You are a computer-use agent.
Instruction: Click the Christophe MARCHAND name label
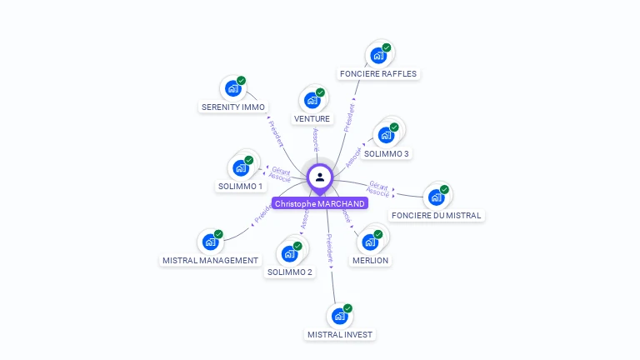pyautogui.click(x=320, y=203)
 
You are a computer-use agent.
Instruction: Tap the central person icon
pyautogui.click(x=320, y=177)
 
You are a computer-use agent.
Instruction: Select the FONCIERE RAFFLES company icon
pyautogui.click(x=378, y=57)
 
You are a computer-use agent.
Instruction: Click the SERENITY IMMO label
pyautogui.click(x=233, y=107)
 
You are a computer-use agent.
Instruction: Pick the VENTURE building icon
pyautogui.click(x=312, y=101)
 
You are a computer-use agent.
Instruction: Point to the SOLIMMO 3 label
pyautogui.click(x=387, y=153)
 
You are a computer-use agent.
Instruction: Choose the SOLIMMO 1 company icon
pyautogui.click(x=241, y=168)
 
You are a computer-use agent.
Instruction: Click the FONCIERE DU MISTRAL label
pyautogui.click(x=436, y=215)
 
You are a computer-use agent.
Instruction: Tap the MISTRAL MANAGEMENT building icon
pyautogui.click(x=211, y=242)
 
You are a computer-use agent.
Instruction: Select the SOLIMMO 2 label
pyautogui.click(x=290, y=272)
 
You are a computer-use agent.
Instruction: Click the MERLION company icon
pyautogui.click(x=370, y=242)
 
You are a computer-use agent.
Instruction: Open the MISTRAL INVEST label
pyautogui.click(x=341, y=334)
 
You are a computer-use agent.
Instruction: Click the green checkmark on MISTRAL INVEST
pyautogui.click(x=347, y=308)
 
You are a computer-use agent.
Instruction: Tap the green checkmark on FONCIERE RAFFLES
pyautogui.click(x=387, y=48)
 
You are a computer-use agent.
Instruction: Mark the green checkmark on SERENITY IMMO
pyautogui.click(x=242, y=81)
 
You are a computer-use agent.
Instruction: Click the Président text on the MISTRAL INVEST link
pyautogui.click(x=330, y=249)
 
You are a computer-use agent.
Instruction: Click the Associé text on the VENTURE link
pyautogui.click(x=316, y=140)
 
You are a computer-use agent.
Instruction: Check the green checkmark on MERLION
pyautogui.click(x=378, y=233)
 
